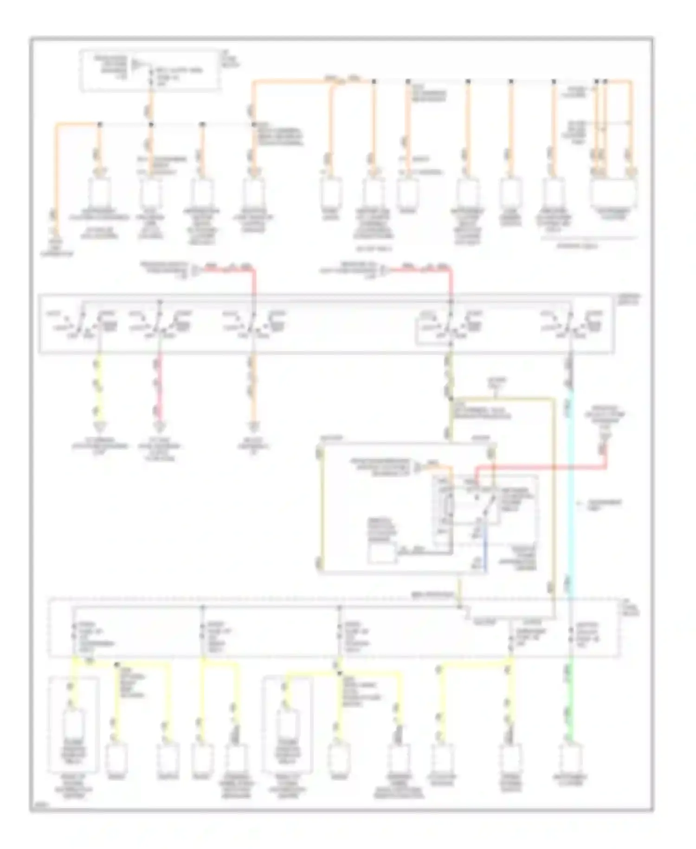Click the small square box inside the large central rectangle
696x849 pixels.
pyautogui.click(x=382, y=553)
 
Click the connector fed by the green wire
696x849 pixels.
pyautogui.click(x=570, y=757)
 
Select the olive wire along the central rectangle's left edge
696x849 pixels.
pyautogui.click(x=320, y=506)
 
